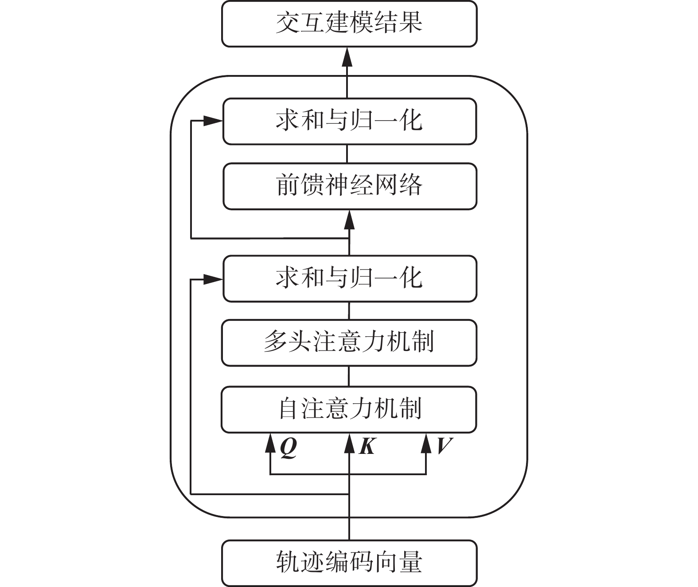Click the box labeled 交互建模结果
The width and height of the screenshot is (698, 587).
click(x=349, y=24)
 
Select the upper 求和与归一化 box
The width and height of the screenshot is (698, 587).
click(x=349, y=121)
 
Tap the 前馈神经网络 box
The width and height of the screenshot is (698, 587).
click(x=349, y=186)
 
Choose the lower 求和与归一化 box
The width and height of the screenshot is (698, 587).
click(x=349, y=279)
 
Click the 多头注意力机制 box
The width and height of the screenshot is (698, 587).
click(x=349, y=343)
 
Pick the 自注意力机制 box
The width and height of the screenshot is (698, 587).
click(x=349, y=409)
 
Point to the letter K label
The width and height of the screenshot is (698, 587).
click(x=367, y=446)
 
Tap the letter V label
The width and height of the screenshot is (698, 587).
click(x=444, y=446)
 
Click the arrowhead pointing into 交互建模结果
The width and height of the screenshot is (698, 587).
click(x=347, y=57)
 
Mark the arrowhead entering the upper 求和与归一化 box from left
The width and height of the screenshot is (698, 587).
click(x=213, y=121)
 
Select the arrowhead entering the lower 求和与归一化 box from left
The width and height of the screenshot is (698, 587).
click(x=213, y=279)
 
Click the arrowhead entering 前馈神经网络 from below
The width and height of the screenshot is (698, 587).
click(x=349, y=219)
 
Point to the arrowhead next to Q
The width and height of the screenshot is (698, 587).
click(x=270, y=443)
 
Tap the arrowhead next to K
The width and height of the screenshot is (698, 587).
click(x=349, y=443)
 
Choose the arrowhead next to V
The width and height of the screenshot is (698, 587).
click(x=426, y=443)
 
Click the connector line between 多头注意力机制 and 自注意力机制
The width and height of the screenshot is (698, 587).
click(x=349, y=376)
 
